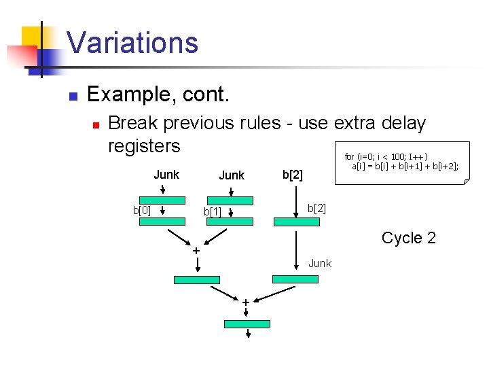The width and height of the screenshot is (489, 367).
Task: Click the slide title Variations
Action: [x=132, y=42]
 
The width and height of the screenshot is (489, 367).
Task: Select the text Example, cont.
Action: [x=158, y=94]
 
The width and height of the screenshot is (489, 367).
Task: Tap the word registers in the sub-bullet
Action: [x=144, y=145]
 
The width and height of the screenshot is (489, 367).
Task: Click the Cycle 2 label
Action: [x=408, y=238]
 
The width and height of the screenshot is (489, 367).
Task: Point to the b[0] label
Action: [x=142, y=210]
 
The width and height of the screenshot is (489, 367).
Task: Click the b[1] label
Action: [x=213, y=213]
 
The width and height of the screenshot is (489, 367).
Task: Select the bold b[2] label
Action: [x=292, y=175]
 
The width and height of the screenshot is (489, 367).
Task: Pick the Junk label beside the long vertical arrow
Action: [x=320, y=263]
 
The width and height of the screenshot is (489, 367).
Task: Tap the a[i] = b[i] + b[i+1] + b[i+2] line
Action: [x=405, y=165]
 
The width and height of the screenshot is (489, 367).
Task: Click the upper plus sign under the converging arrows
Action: [x=196, y=251]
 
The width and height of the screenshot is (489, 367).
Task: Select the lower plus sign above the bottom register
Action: [x=245, y=301]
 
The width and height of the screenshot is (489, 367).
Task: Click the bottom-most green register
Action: [x=247, y=324]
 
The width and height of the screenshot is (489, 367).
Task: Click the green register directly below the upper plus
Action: [x=197, y=279]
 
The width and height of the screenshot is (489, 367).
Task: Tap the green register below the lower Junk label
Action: [x=295, y=279]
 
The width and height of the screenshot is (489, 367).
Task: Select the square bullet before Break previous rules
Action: [x=96, y=124]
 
